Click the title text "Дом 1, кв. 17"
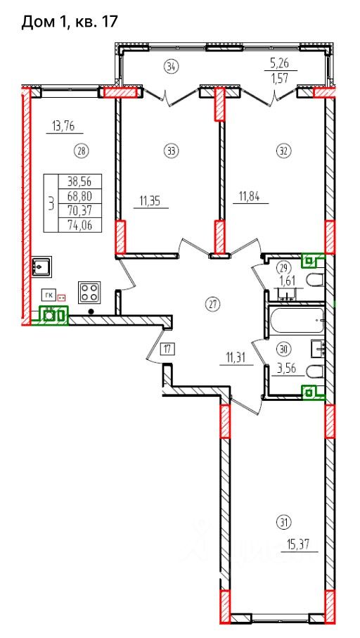click(x=69, y=22)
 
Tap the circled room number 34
click(x=172, y=66)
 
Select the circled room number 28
click(x=81, y=151)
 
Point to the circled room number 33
click(x=172, y=151)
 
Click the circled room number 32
click(x=283, y=151)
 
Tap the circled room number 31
click(x=284, y=521)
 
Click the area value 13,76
click(x=64, y=126)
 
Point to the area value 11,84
click(x=245, y=197)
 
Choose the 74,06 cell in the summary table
click(x=80, y=225)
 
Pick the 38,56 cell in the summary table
click(x=80, y=181)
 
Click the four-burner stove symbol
click(x=89, y=292)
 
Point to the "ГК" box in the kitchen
click(x=48, y=294)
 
